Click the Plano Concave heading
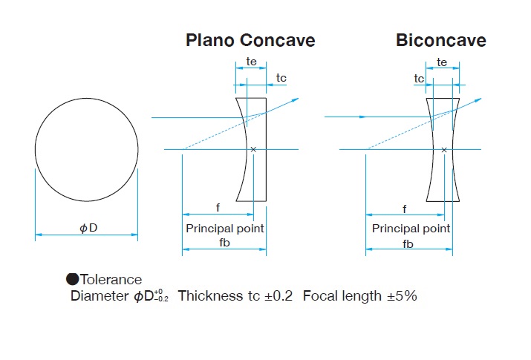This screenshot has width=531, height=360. (250, 40)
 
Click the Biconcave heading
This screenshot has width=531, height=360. (440, 40)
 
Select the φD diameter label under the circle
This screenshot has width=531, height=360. (88, 227)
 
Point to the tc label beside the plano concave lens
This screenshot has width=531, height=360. (281, 78)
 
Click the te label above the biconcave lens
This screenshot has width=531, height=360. (443, 63)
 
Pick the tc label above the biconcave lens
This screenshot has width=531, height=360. (420, 78)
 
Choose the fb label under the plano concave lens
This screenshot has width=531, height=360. (224, 243)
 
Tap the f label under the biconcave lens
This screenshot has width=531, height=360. (405, 209)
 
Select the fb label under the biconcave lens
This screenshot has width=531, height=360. (408, 243)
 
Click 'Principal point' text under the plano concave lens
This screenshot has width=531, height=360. (224, 229)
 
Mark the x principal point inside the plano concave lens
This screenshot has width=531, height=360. (254, 149)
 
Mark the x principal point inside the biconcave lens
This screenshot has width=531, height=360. (444, 149)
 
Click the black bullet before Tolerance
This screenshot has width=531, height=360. (72, 280)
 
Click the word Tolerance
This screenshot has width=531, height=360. (111, 280)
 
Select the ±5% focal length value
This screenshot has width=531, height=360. (402, 296)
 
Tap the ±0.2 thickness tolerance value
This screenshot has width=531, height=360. (276, 296)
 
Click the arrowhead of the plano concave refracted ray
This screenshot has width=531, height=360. (296, 99)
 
